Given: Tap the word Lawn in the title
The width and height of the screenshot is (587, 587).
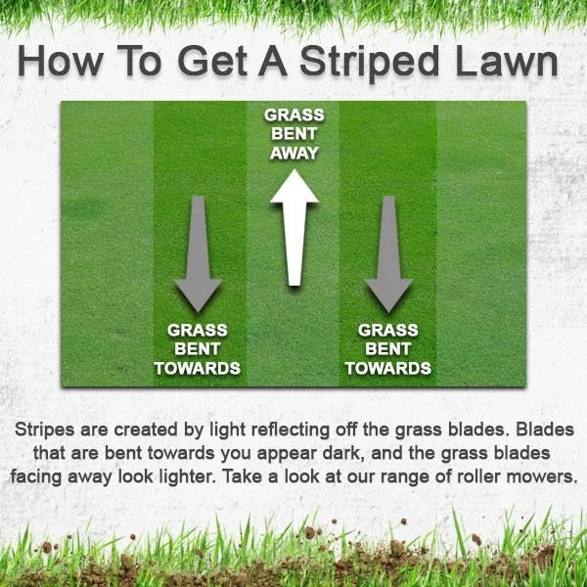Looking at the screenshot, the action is (507, 62).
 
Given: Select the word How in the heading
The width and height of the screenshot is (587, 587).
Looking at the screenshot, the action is (60, 61).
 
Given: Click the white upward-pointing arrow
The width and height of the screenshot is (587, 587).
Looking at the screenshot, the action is (294, 227).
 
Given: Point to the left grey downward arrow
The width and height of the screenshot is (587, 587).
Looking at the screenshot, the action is (198, 253).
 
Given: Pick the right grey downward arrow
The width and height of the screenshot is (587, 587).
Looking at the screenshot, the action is (389, 253).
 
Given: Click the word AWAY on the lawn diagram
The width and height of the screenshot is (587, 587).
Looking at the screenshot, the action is (294, 154).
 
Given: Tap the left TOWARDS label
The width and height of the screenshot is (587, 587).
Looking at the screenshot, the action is (198, 369).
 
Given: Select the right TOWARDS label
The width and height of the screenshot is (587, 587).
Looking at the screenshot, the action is (388, 369).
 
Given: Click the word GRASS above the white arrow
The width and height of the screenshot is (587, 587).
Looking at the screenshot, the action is (294, 114).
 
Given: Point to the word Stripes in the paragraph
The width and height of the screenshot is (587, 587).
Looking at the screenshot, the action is (45, 429).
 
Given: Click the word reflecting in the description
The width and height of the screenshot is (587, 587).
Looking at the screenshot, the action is (291, 429).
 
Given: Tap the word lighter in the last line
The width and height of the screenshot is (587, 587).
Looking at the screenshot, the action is (188, 477).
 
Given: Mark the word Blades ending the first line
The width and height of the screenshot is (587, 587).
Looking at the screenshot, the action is (545, 429).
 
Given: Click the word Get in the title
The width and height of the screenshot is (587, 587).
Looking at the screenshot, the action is (212, 62).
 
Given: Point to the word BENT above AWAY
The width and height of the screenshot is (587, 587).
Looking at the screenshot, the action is (294, 134).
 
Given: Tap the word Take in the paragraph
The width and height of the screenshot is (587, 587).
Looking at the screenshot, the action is (242, 477).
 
